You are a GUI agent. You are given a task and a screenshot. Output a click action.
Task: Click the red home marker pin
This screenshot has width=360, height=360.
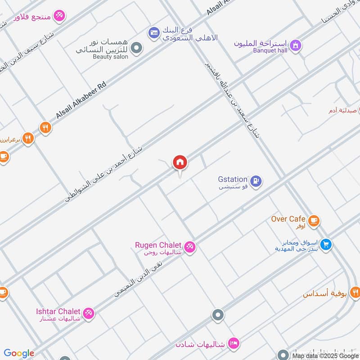point(180,162)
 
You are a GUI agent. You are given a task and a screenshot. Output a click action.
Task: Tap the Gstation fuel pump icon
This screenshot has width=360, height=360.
point(256,181)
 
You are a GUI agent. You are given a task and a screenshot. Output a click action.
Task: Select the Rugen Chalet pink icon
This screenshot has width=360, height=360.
point(190,247)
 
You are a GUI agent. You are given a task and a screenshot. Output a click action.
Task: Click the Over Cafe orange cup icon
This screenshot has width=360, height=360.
point(314,220)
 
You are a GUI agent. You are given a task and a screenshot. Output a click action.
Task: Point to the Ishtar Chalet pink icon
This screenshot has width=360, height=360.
point(89,313)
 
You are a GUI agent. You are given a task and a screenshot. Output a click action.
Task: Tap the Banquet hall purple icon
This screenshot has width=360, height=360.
point(295,45)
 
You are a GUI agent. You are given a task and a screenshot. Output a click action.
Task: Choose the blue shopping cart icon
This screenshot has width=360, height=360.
point(327,244)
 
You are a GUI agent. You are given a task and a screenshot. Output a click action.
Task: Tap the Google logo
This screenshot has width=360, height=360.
point(19,353)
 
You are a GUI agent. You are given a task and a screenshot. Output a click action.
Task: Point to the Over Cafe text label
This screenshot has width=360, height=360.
point(288,219)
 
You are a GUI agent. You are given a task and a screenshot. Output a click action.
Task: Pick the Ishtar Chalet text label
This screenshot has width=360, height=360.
point(58,311)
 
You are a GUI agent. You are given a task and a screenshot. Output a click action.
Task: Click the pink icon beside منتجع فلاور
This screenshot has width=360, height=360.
point(59,16)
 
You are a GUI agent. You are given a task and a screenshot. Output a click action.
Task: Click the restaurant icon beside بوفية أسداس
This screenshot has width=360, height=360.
point(355,293)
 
